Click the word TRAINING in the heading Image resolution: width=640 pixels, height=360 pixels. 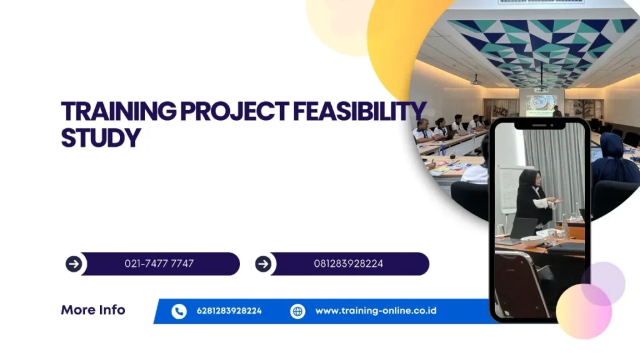coord(119,111)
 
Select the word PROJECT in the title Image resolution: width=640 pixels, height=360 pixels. coord(235,111)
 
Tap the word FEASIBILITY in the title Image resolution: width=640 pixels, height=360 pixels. coord(359,111)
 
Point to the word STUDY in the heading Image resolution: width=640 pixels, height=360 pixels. coord(101,138)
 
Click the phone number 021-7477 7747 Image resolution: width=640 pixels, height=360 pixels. coord(159,264)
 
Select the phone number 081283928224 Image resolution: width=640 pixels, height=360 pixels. coord(349,264)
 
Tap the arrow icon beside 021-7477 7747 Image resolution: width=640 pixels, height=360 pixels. coord(74,264)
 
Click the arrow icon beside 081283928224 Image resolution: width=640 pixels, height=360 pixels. coord(263,264)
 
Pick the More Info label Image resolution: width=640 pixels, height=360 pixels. coord(93,310)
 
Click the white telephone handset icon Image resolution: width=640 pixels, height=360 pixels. coord(179,311)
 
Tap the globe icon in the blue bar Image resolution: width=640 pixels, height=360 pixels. coord(297,311)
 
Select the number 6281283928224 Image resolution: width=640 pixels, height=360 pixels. coord(229,311)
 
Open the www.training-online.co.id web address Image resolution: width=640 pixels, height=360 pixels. coord(376,311)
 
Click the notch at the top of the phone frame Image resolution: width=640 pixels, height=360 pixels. coord(539,125)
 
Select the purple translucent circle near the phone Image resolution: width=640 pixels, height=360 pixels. coord(603,283)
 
